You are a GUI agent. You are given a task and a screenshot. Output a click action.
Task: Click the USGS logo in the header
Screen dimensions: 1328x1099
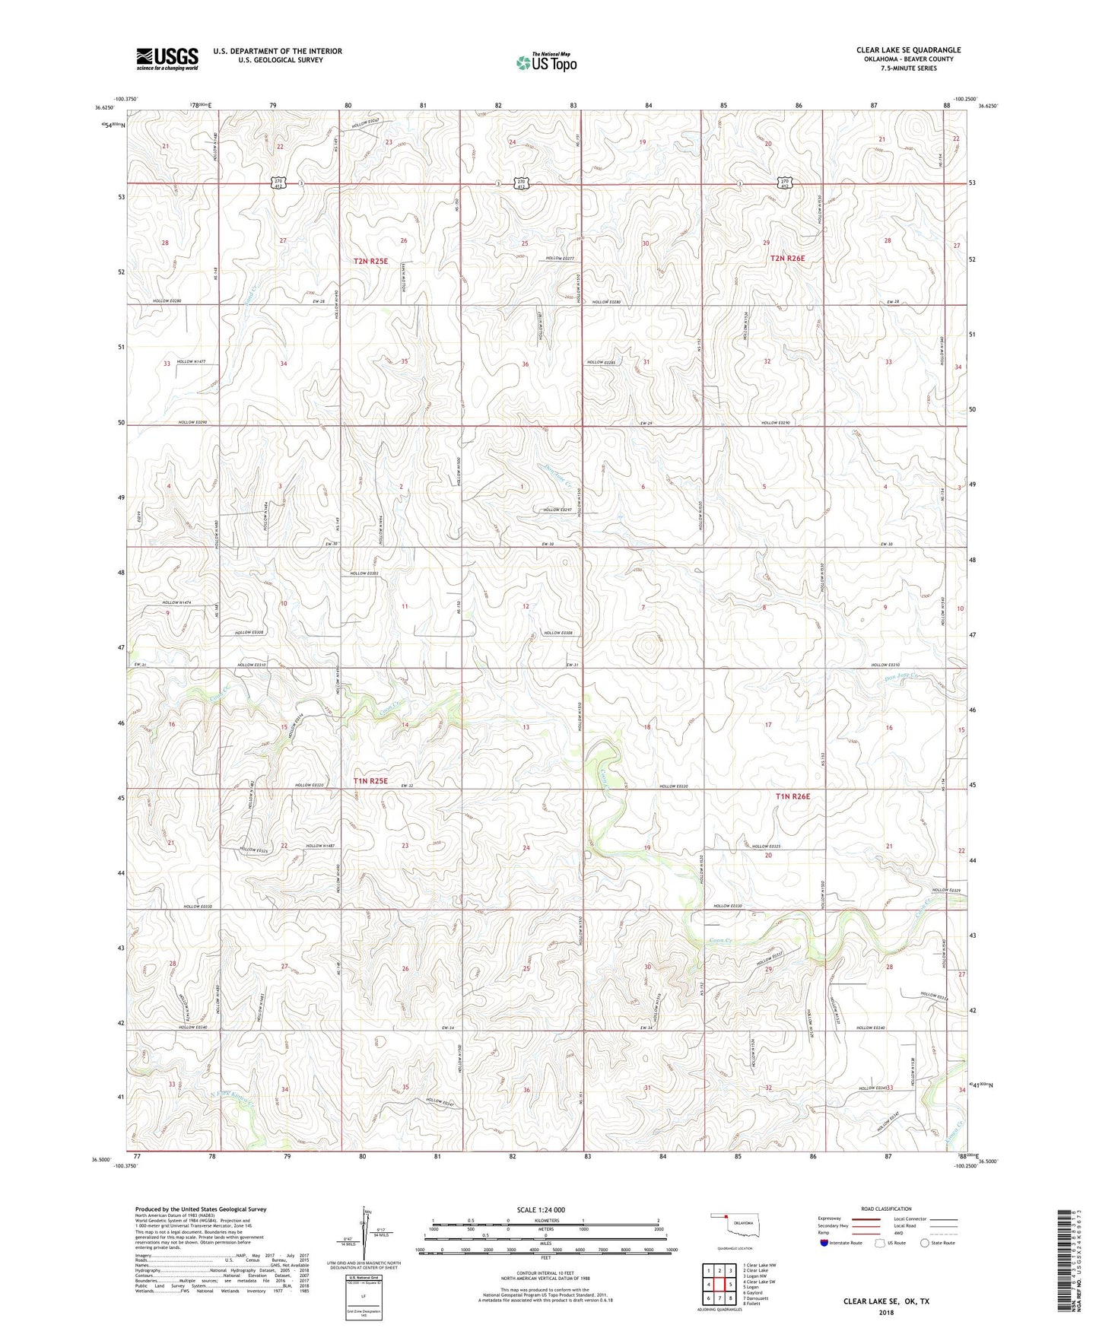[x=167, y=59]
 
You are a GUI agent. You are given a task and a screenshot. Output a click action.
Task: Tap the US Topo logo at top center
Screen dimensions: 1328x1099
[x=546, y=62]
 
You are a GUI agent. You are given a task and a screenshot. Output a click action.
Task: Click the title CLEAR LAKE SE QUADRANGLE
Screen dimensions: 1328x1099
[x=908, y=50]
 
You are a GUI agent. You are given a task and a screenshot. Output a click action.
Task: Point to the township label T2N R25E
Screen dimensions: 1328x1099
[x=370, y=261]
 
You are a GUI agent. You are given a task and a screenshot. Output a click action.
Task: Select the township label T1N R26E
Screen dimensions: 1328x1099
[x=792, y=796]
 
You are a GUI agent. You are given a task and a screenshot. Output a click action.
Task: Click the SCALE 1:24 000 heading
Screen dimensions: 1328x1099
[x=541, y=1210]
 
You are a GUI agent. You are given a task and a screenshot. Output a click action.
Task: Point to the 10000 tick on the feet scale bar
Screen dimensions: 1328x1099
[x=671, y=1250]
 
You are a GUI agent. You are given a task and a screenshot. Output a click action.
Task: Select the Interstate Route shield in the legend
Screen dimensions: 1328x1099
[x=824, y=1243]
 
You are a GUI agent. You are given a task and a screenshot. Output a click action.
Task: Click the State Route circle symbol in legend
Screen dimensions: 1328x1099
[x=925, y=1243]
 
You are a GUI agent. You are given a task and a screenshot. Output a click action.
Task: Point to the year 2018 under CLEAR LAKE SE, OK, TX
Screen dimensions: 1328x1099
[x=885, y=1312]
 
